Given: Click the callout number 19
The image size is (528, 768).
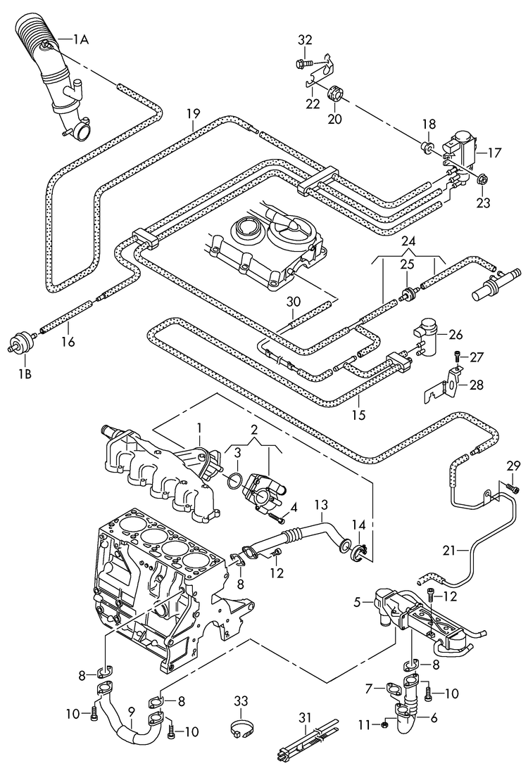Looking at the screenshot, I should coord(194,113).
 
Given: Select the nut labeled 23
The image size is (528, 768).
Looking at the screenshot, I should coord(483,179).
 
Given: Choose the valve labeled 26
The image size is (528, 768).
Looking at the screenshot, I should coord(425,331).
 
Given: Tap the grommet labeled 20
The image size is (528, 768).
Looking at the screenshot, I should coord(334,92).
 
